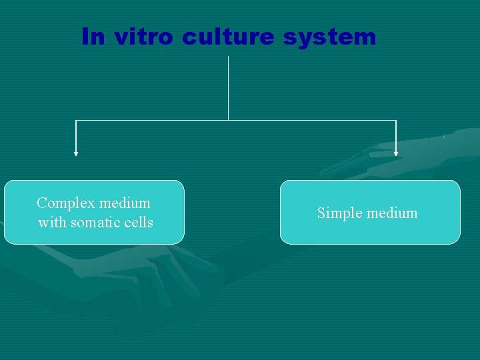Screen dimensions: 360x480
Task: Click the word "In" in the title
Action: (x=93, y=37)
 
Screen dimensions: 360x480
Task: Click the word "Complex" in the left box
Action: (x=64, y=203)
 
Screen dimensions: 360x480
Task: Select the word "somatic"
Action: (x=92, y=223)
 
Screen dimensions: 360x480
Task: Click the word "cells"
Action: (x=137, y=223)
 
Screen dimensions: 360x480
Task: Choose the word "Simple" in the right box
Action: (x=337, y=213)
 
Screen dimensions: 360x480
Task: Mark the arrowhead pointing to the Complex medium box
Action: (x=76, y=153)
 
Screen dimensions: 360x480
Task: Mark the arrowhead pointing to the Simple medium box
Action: (x=396, y=153)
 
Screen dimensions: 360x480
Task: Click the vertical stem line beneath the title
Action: (x=229, y=87)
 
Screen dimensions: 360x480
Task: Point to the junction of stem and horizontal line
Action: (x=229, y=121)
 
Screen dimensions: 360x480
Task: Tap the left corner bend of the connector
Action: (x=76, y=121)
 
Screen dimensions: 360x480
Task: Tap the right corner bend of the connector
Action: (x=396, y=121)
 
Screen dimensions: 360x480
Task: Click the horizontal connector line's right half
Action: (x=313, y=121)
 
